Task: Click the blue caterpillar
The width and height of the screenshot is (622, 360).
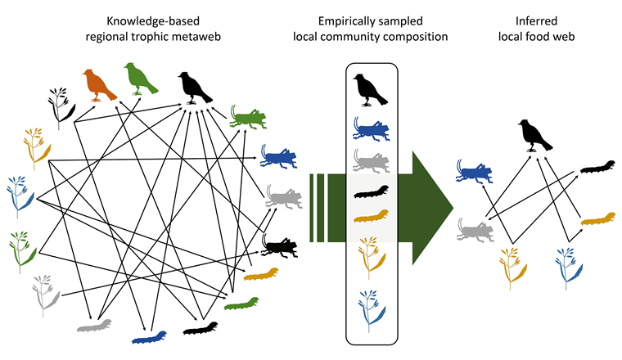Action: coord(151,335)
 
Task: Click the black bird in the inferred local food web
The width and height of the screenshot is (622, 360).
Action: coord(534,135)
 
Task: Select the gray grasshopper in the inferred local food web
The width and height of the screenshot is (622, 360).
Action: coord(474,227)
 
